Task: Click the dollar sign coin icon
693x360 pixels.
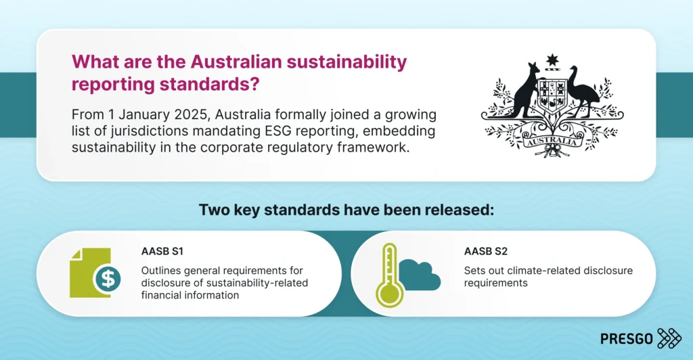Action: (x=106, y=278)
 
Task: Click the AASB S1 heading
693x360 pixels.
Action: (x=162, y=252)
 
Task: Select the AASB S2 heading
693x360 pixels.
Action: (x=486, y=252)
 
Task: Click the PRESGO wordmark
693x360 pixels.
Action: (x=626, y=338)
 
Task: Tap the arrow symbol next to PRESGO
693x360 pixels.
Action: (x=669, y=338)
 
